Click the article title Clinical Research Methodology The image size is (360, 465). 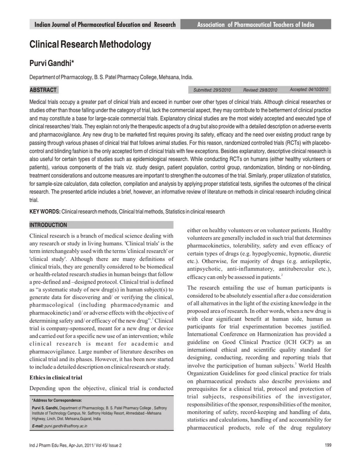pos(90,45)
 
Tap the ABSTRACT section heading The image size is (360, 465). pos(43,90)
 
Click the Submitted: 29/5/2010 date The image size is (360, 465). pos(212,90)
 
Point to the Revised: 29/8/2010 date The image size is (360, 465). pos(260,90)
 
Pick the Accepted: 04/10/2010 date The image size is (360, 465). pos(309,90)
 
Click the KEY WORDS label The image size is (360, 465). pos(44,212)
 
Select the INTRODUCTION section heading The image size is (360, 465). pos(48,225)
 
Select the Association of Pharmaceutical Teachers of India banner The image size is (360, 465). pos(255,25)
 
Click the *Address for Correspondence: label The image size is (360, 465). pos(59,400)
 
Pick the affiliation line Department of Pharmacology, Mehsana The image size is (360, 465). pos(111,77)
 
